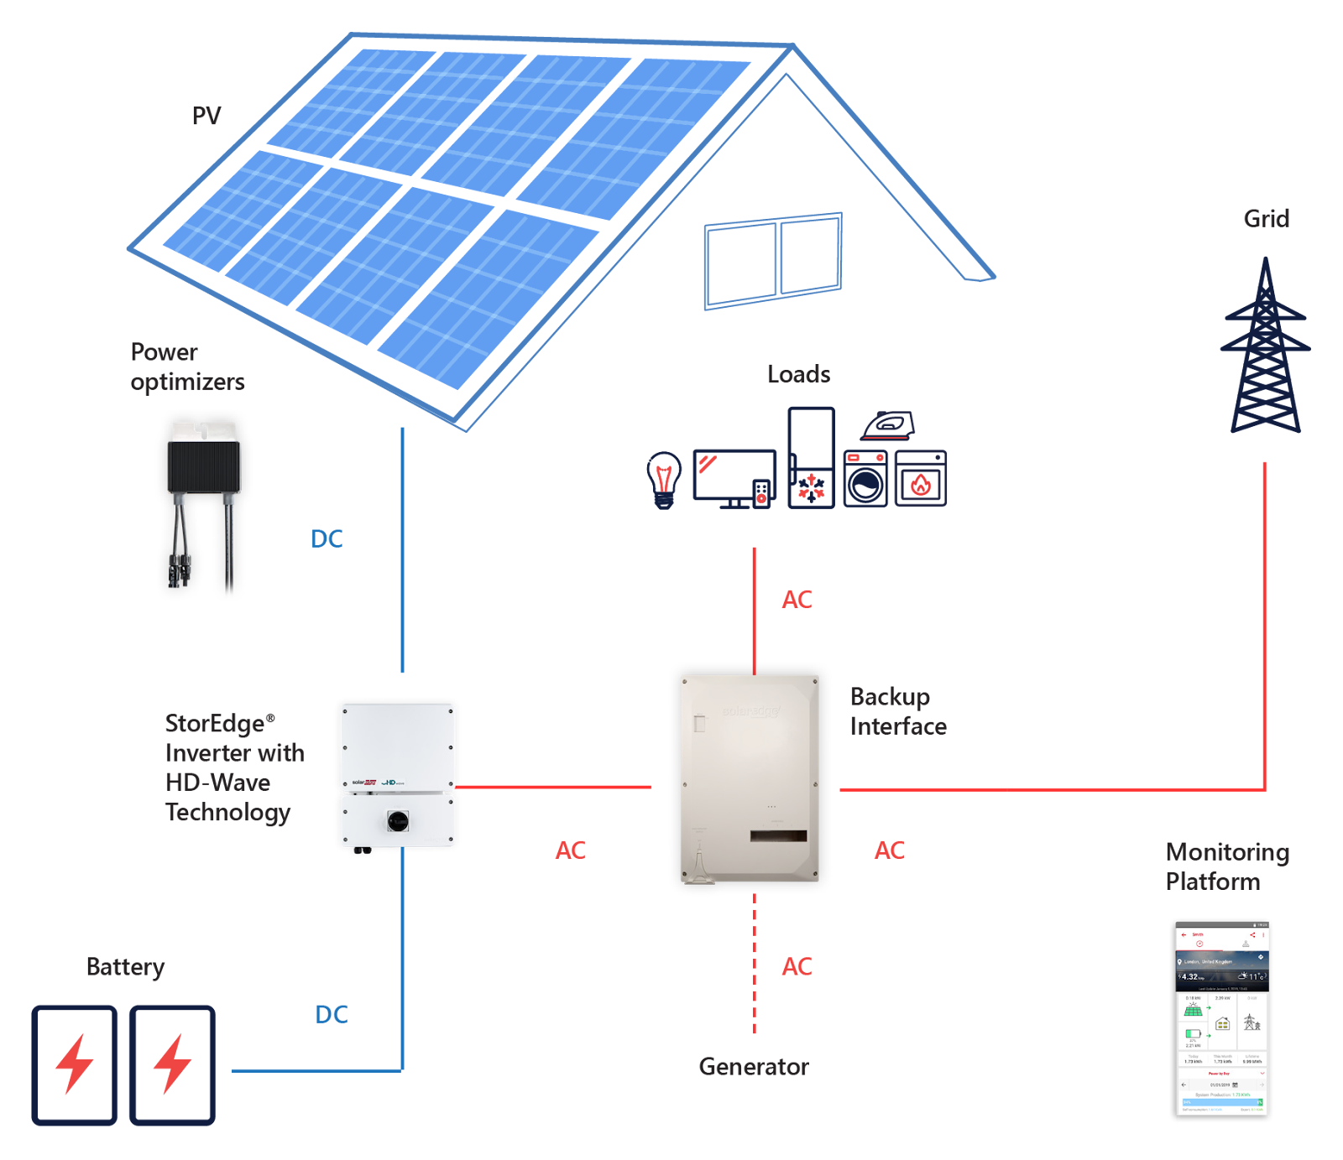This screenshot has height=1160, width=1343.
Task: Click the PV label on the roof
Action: (206, 116)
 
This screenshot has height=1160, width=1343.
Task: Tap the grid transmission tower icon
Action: (1265, 348)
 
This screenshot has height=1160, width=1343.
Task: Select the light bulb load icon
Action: (663, 480)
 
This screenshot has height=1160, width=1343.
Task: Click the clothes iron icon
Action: (887, 425)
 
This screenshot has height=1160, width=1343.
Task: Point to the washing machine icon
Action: (865, 479)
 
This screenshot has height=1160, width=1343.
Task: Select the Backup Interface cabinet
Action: (750, 778)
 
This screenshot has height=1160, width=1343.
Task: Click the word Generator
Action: (754, 1066)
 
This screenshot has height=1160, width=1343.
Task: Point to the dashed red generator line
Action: (755, 965)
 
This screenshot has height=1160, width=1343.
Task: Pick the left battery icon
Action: (75, 1064)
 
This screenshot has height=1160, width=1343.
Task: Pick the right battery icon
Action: (172, 1064)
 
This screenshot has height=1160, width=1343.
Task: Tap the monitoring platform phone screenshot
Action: (1222, 1019)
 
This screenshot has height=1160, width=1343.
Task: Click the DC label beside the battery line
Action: (331, 1014)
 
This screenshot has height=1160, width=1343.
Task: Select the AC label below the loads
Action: (797, 600)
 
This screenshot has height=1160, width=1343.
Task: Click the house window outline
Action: (773, 261)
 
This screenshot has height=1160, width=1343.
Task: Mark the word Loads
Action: (798, 374)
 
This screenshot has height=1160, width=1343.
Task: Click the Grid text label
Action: (1266, 219)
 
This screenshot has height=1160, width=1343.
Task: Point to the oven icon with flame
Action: (921, 479)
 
